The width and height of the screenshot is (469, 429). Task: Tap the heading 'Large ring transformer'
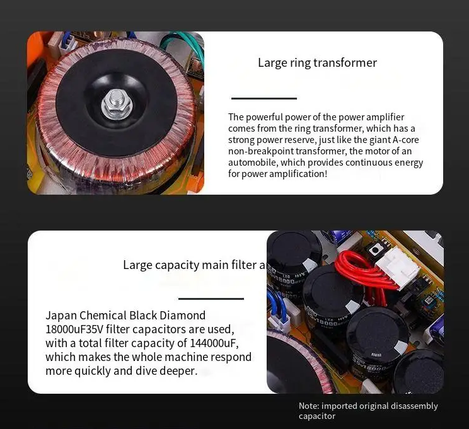click(x=317, y=63)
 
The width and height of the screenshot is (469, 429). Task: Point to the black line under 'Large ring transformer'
click(x=264, y=98)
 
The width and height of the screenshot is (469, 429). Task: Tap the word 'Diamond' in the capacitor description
click(x=183, y=316)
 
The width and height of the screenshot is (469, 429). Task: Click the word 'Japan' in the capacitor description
click(x=61, y=316)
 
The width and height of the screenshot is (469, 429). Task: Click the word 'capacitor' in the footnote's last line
click(x=316, y=416)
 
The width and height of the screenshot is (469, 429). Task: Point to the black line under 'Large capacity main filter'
click(x=211, y=299)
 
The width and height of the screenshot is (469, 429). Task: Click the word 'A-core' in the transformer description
click(x=405, y=140)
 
